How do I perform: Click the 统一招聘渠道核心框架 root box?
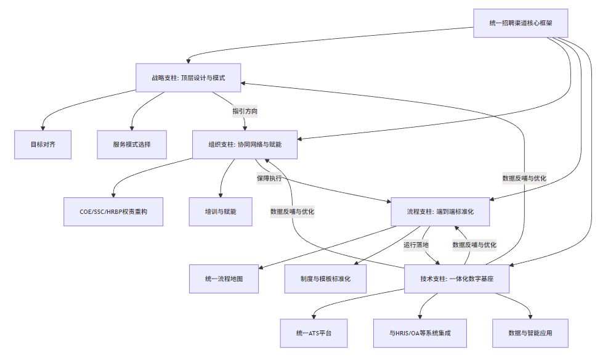pos(520,23)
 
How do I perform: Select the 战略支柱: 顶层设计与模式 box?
pos(188,78)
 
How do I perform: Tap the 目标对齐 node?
pos(43,144)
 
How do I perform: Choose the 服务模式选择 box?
pos(132,144)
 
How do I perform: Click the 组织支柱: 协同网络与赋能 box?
pos(245,144)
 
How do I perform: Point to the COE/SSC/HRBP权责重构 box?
pos(113,211)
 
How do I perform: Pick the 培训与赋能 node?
pos(221,211)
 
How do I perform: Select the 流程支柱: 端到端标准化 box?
pos(440,211)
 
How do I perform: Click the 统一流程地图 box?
pos(224,279)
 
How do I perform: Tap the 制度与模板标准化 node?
pos(325,279)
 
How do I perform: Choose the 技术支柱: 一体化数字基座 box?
pos(456,279)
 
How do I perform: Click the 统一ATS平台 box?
pos(314,333)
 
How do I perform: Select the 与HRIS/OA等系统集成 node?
pos(420,333)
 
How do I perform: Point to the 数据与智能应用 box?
pos(530,333)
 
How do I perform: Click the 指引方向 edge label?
pos(245,112)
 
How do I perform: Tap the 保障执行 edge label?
pos(269,179)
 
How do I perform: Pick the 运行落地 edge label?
pos(416,245)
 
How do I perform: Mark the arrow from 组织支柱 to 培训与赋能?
pos(224,179)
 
